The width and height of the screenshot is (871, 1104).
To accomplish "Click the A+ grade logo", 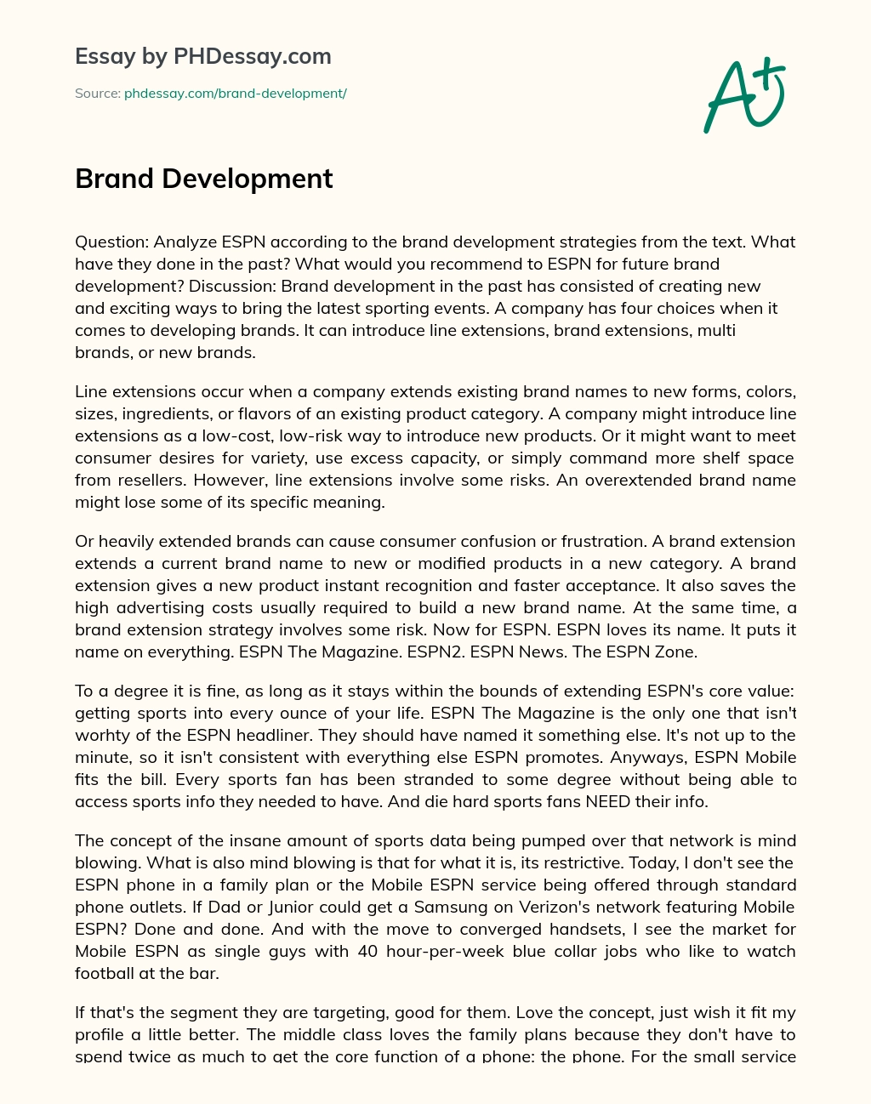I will coord(744,95).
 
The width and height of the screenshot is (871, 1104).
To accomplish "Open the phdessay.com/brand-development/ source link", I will coord(236,94).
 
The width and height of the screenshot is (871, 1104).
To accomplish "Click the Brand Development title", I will coord(204,179).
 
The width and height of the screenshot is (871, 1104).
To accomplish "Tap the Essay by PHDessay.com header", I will coord(203,56).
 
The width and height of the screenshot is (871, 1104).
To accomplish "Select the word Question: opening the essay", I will coord(111,242).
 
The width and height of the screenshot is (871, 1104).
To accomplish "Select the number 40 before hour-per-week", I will coord(367,951).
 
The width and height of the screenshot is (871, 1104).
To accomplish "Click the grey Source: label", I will coord(97,94).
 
